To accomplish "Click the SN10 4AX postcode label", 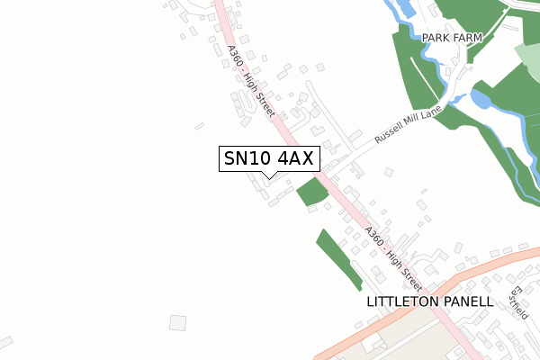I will pos(267,158).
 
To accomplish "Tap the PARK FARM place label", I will pos(452,38).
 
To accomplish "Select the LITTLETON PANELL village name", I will pos(430,301).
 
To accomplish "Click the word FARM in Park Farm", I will pos(468,38).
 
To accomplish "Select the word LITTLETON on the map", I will pos(402,301).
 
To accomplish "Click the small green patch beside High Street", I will pos(311,191).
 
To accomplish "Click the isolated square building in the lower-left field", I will pos(177,321).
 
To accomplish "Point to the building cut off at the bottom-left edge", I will pos(5,343).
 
